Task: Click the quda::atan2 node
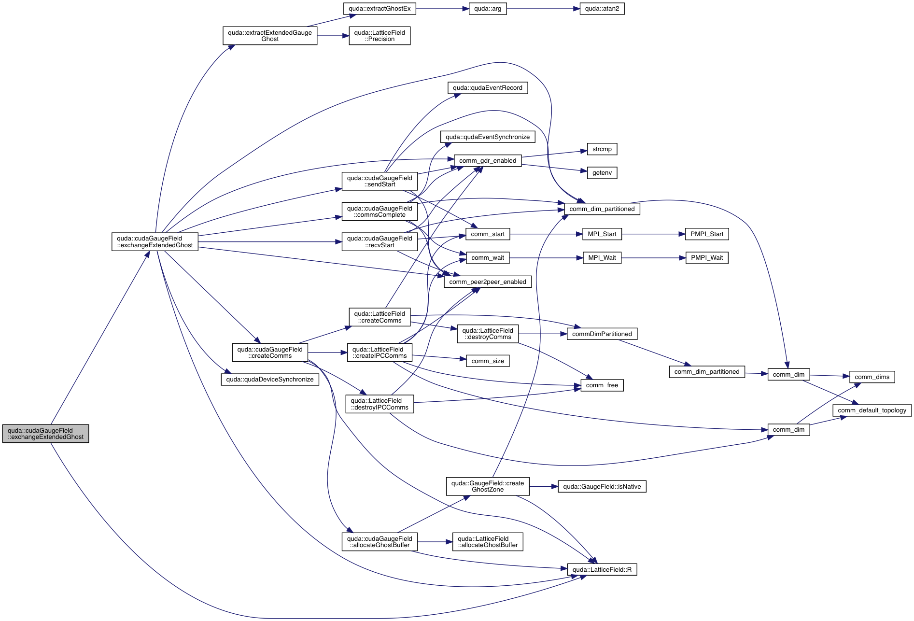[x=602, y=9]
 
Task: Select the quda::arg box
[x=488, y=9]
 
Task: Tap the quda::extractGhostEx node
[x=380, y=9]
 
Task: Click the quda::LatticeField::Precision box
[x=380, y=36]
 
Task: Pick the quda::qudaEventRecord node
[x=487, y=88]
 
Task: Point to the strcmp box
[x=602, y=149]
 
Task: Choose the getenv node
[x=602, y=173]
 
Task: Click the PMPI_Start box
[x=706, y=234]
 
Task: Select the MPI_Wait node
[x=602, y=258]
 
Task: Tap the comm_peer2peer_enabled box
[x=488, y=282]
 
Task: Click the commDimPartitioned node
[x=602, y=334]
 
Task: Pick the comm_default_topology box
[x=872, y=410]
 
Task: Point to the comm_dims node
[x=872, y=377]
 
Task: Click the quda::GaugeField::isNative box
[x=602, y=487]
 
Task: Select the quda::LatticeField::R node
[x=602, y=570]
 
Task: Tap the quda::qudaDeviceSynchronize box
[x=270, y=380]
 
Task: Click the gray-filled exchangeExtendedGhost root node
[x=45, y=434]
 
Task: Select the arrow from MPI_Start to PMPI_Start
[x=653, y=234]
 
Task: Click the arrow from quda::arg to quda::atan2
[x=543, y=9]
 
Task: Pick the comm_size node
[x=487, y=361]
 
